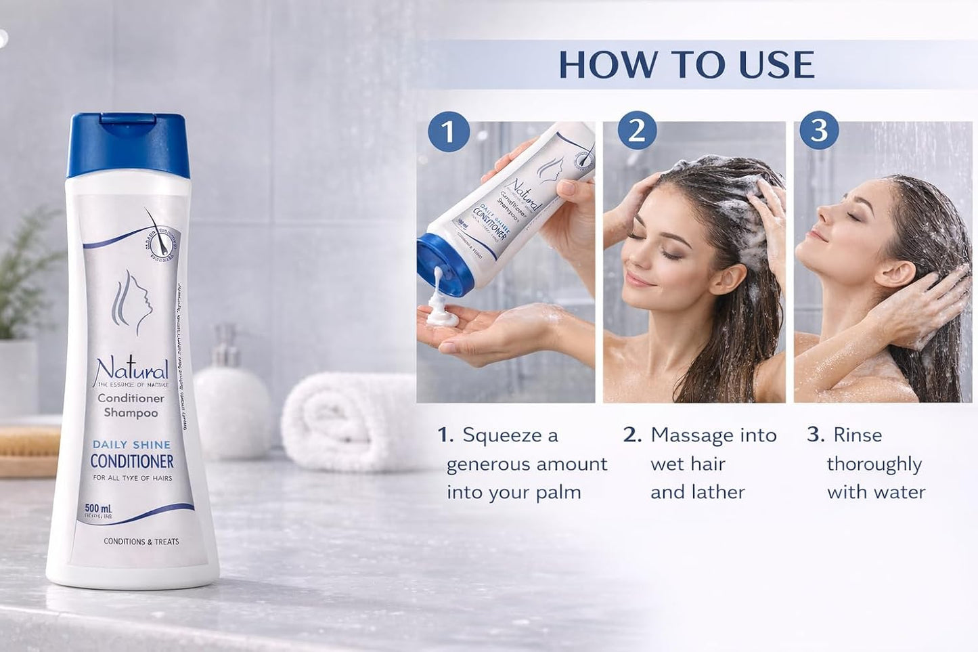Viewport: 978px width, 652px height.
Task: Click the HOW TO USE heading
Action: click(686, 65)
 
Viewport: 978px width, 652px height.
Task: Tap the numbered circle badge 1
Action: click(448, 131)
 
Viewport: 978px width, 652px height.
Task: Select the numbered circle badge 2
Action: click(636, 130)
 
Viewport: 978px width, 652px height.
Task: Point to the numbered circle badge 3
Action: click(819, 130)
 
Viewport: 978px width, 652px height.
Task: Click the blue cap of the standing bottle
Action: click(128, 145)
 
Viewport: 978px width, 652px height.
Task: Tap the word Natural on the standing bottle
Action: click(131, 370)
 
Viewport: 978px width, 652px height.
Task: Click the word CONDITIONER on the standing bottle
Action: click(132, 462)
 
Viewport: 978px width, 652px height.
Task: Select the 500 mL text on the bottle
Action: click(98, 508)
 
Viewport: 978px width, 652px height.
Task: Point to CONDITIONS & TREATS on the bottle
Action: click(141, 542)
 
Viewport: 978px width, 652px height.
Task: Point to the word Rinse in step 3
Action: click(858, 435)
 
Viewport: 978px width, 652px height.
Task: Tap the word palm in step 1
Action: click(558, 492)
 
